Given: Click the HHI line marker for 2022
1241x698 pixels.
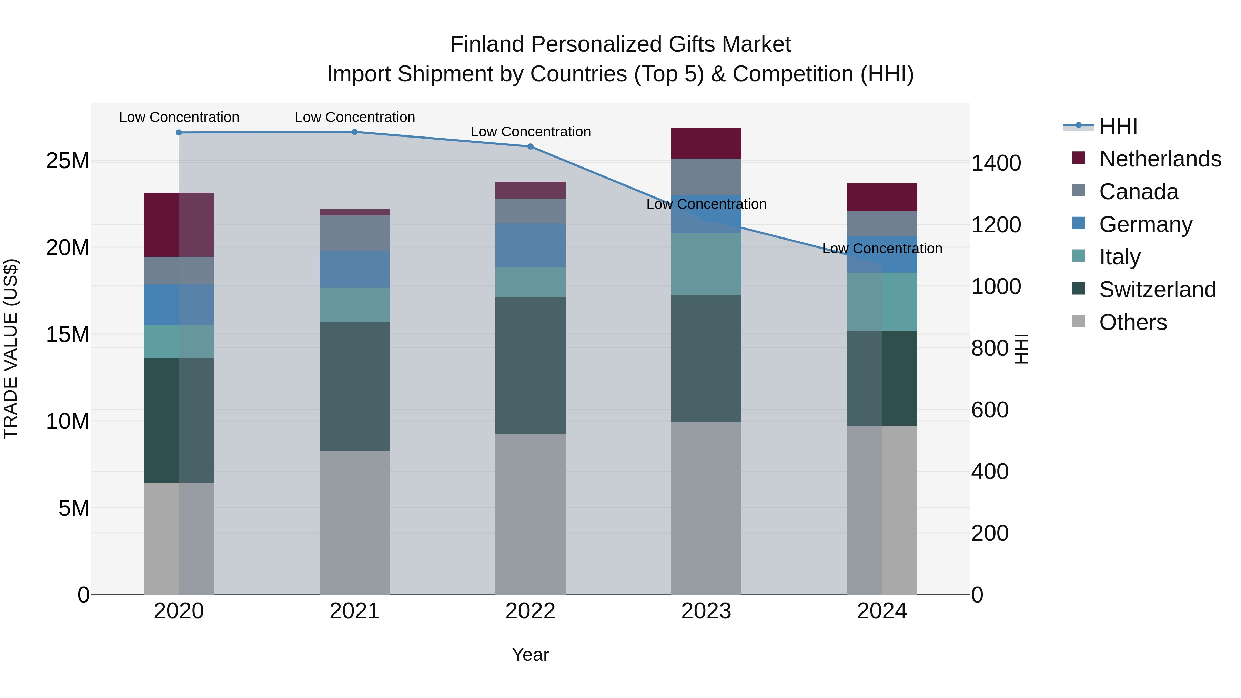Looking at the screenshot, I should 531,146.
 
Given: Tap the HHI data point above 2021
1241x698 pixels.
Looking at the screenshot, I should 355,132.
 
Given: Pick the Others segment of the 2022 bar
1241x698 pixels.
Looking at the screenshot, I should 531,514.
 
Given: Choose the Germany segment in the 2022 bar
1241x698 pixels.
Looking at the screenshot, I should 531,245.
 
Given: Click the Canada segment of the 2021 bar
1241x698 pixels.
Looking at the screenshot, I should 355,233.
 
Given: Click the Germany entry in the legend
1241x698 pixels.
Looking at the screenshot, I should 1145,224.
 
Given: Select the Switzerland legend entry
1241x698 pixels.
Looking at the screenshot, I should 1157,290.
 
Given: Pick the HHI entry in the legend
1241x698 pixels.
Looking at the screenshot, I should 1118,126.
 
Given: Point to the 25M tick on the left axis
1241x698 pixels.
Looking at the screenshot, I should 68,161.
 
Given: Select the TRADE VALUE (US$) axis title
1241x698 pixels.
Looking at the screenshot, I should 11,349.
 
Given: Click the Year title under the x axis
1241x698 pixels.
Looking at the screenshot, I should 531,655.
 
